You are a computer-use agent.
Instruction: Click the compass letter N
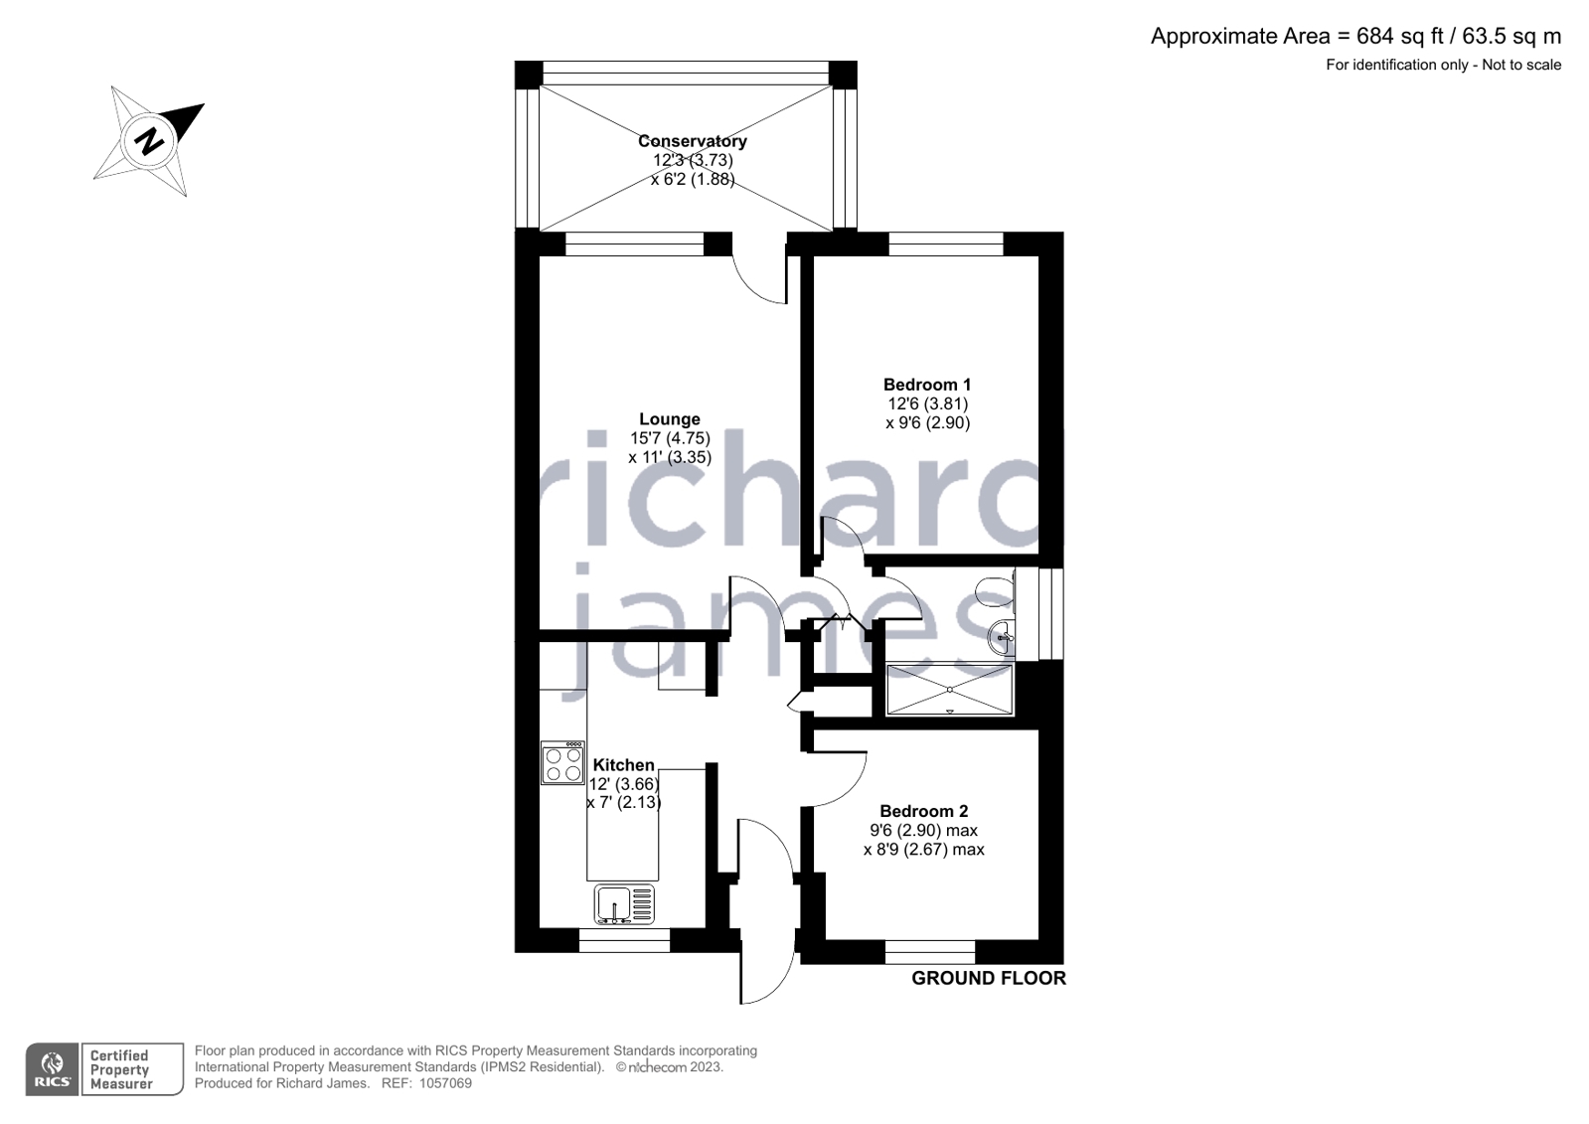pos(150,140)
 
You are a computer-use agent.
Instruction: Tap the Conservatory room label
pos(692,141)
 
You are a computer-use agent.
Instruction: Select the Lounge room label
pos(669,419)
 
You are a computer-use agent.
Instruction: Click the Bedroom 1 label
pos(926,385)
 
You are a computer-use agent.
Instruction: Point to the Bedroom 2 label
pos(923,811)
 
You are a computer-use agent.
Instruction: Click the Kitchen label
pos(623,765)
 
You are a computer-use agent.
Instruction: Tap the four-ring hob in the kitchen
pos(562,763)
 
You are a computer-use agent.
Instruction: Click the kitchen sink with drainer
pos(625,905)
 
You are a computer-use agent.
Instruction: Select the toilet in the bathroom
pos(995,592)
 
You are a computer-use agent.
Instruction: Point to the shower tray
pos(949,690)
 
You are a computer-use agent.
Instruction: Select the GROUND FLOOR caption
pos(988,978)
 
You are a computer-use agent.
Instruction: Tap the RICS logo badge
pos(52,1069)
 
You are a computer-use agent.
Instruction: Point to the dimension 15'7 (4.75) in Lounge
pos(669,438)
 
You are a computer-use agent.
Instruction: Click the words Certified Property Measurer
pos(120,1069)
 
